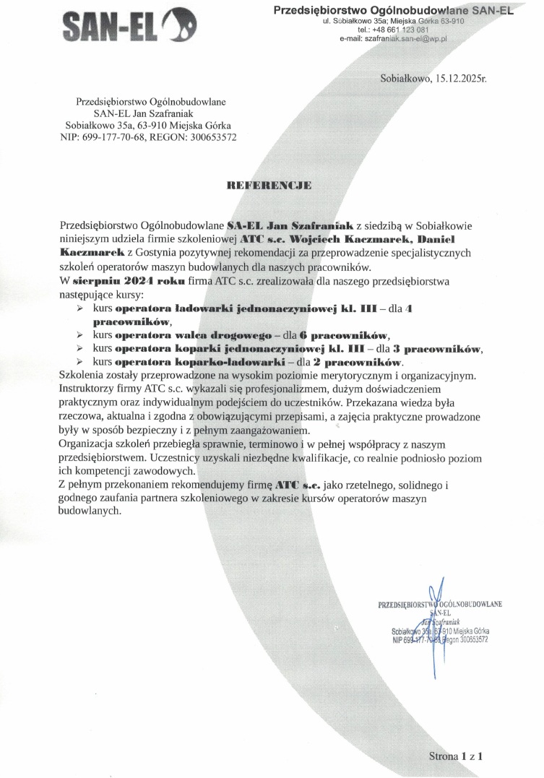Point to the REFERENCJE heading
coord(269,186)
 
